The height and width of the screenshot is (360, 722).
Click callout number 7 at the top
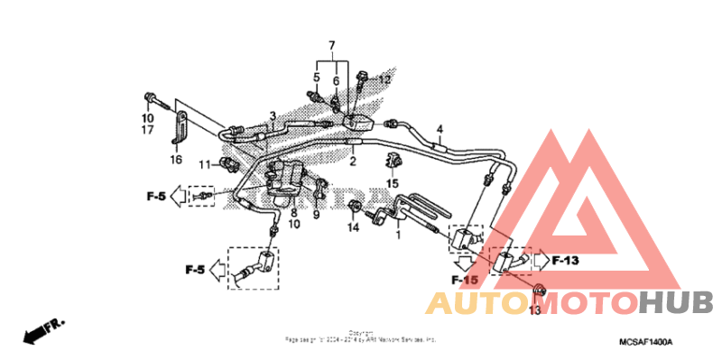click(331, 45)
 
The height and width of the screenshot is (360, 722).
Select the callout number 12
click(384, 79)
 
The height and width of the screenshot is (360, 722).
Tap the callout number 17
click(148, 130)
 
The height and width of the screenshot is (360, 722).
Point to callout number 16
click(175, 159)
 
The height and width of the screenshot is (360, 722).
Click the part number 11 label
click(205, 163)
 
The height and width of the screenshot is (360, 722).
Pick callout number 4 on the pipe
click(440, 128)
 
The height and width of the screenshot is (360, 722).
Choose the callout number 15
click(393, 184)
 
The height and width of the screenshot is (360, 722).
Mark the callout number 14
click(354, 227)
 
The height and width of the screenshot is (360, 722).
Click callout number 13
click(534, 310)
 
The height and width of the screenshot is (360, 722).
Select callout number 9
click(317, 214)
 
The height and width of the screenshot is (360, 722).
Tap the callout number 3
click(272, 115)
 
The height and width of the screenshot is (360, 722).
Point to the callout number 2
click(353, 162)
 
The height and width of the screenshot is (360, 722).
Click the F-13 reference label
click(565, 261)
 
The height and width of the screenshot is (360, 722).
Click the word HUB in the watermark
click(676, 302)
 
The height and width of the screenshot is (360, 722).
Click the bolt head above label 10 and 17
click(149, 97)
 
